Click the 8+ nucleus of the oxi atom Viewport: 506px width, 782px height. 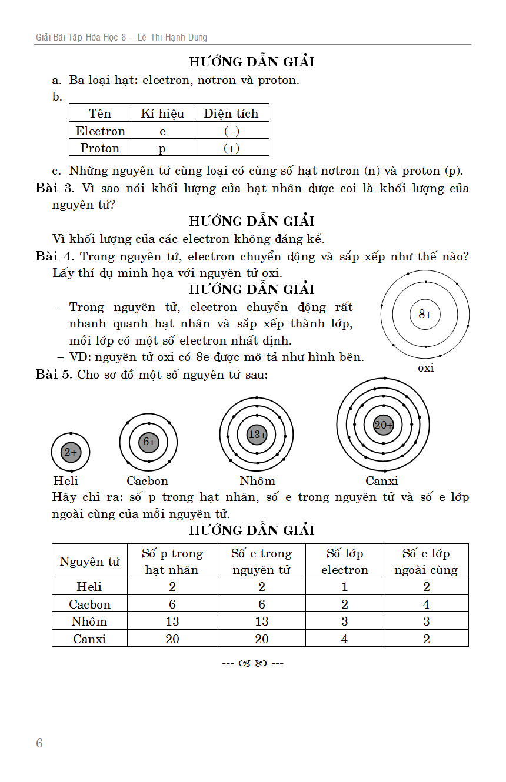(x=425, y=314)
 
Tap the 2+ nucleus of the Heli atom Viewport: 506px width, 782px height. (x=71, y=452)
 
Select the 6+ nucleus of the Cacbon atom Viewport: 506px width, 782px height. (x=149, y=442)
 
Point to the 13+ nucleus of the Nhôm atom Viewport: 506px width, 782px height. (x=257, y=435)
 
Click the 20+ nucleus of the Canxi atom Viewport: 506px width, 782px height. (x=383, y=425)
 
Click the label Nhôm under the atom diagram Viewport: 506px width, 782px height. (x=257, y=481)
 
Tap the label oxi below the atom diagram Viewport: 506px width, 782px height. (x=425, y=368)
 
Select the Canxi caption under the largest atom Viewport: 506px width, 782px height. (x=382, y=481)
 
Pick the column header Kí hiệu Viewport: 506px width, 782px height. (x=162, y=113)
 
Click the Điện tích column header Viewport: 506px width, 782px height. (x=231, y=113)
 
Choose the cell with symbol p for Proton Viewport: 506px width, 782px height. (x=162, y=148)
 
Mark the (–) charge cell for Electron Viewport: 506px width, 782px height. (x=231, y=131)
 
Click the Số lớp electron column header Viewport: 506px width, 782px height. (x=345, y=562)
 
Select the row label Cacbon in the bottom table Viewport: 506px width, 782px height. (x=89, y=604)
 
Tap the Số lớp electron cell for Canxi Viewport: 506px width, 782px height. (x=345, y=639)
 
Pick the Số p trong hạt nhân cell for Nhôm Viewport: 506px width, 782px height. (x=172, y=621)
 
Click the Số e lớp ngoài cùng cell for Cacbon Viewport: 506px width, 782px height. (x=426, y=604)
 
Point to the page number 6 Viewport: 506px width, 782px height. (x=39, y=743)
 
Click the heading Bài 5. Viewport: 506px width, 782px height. (x=55, y=375)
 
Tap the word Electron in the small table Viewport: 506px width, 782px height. (x=101, y=131)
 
